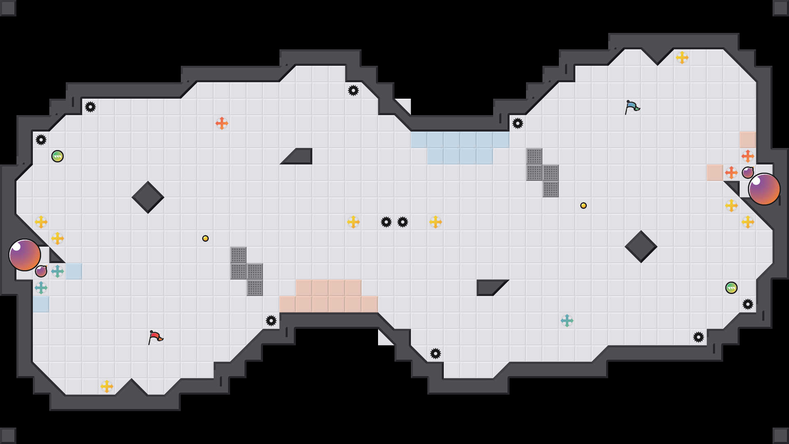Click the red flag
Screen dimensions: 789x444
[x=155, y=337]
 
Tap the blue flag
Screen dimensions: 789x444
[x=632, y=107]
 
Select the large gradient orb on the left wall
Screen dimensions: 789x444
[x=25, y=255]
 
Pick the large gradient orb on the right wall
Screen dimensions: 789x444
[x=764, y=189]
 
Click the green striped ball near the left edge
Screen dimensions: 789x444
[x=58, y=156]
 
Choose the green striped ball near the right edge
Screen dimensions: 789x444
[x=731, y=288]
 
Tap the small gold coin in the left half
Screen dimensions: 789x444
[x=205, y=238]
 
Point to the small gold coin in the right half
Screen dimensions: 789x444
[x=584, y=206]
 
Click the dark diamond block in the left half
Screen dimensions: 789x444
[x=148, y=197]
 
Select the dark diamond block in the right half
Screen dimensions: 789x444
[x=641, y=247]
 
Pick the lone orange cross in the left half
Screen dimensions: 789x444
[x=222, y=123]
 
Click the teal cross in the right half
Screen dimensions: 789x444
[x=567, y=321]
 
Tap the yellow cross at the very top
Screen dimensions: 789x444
[x=682, y=58]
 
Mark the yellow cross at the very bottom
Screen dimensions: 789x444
[x=107, y=386]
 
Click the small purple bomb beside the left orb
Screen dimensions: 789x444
[x=41, y=271]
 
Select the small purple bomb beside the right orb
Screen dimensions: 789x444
[x=748, y=173]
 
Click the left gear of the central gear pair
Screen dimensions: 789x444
[x=386, y=222]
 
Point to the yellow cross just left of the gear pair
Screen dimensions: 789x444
[x=353, y=222]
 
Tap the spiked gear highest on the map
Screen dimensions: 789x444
[x=353, y=90]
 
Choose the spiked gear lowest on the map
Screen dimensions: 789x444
[x=436, y=354]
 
